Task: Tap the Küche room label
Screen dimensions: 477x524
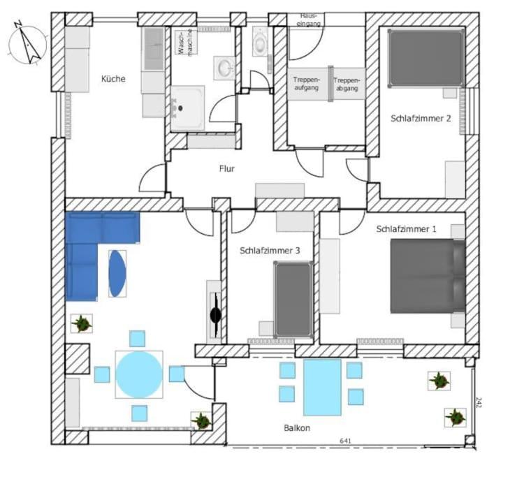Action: coord(113,79)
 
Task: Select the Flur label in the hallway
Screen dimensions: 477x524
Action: coord(227,168)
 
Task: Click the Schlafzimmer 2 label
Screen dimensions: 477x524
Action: coord(420,119)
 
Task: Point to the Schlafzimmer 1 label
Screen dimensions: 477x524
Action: coord(406,228)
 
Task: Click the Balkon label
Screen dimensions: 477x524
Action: coord(297,427)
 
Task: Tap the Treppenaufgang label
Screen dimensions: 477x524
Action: coord(307,84)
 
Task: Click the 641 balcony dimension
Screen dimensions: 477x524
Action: coord(345,441)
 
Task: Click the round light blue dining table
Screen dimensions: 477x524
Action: coord(139,374)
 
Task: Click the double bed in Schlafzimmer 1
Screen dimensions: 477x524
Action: coord(428,275)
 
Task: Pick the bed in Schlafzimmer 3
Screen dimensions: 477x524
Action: coord(293,299)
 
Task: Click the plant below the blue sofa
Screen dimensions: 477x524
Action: coord(82,323)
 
